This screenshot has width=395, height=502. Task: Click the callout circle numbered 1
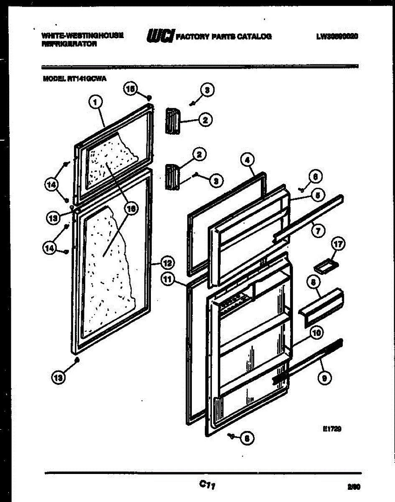[96, 101]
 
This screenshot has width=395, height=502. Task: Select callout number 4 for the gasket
[247, 159]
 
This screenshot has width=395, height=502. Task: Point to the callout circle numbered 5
[318, 195]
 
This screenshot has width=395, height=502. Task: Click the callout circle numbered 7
[318, 231]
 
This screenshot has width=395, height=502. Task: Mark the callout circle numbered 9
[325, 378]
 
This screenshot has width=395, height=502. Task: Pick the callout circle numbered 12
[167, 263]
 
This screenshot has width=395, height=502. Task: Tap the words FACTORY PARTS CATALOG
[224, 37]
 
